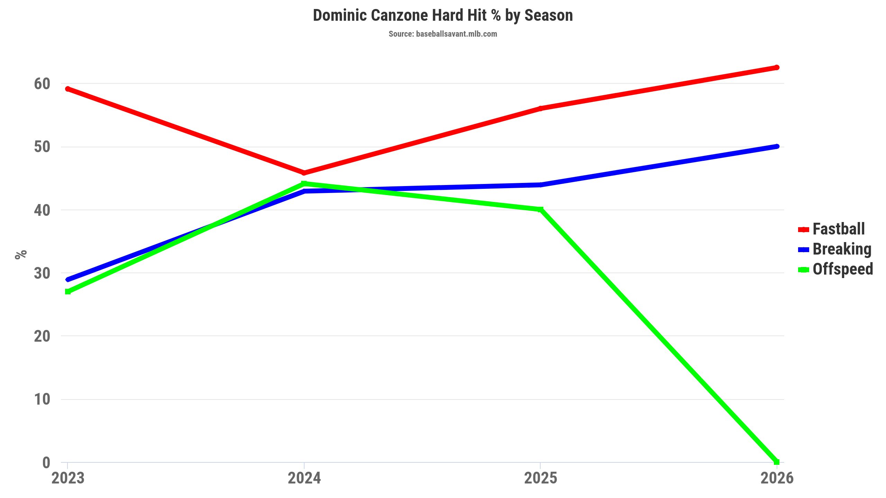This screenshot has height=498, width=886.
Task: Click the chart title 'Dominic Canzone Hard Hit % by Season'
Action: [x=443, y=16]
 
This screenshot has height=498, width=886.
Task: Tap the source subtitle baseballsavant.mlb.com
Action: [x=443, y=34]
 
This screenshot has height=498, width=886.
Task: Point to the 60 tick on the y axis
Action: [x=42, y=84]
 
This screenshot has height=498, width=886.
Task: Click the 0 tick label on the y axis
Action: [x=46, y=462]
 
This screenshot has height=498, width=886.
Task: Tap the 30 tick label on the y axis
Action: [x=42, y=273]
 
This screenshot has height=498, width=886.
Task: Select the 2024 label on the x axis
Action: [x=304, y=478]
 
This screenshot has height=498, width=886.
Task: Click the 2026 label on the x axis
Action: [x=777, y=478]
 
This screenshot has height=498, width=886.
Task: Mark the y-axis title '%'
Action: [x=21, y=254]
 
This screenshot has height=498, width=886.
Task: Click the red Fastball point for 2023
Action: [x=68, y=89]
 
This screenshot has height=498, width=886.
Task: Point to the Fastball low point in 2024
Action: [x=304, y=173]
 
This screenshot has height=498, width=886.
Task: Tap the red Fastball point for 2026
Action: [x=777, y=67]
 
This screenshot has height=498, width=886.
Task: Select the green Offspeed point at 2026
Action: [x=777, y=462]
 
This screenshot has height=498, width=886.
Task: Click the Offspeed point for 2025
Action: [x=541, y=209]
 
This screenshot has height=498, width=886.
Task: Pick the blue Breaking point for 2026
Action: [x=777, y=147]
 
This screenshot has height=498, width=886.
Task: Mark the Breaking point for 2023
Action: [x=68, y=279]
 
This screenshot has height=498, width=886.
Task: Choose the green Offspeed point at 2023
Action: [x=68, y=292]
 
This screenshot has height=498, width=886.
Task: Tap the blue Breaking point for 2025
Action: [x=541, y=185]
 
